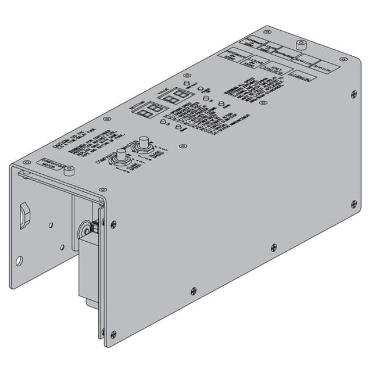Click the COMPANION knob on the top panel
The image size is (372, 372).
click(122, 156)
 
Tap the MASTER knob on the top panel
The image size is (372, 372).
click(141, 148)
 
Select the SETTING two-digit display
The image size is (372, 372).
click(151, 110)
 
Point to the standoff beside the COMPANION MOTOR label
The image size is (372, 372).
click(70, 171)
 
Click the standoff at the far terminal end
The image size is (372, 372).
click(301, 46)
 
